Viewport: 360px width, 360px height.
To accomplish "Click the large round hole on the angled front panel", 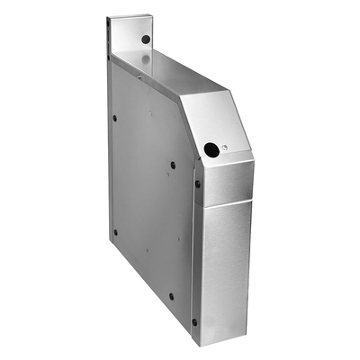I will [x=211, y=149].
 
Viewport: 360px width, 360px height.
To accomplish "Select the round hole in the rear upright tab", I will [x=146, y=40].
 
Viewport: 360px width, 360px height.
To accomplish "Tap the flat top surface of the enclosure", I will [x=171, y=76].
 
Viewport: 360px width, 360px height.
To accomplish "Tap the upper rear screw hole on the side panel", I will [x=114, y=117].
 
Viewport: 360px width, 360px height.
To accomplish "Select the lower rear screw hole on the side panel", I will [x=115, y=231].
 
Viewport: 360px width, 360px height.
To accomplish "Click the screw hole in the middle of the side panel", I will [x=173, y=165].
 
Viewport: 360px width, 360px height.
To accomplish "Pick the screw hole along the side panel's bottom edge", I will [x=171, y=295].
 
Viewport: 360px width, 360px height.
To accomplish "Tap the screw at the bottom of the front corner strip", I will [x=194, y=321].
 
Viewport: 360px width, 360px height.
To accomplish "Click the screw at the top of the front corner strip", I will [x=198, y=184].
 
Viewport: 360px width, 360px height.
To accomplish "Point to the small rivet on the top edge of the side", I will [x=139, y=77].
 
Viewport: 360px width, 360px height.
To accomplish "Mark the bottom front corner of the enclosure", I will [x=200, y=344].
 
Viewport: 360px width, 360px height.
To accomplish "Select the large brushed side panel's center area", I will [x=148, y=198].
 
